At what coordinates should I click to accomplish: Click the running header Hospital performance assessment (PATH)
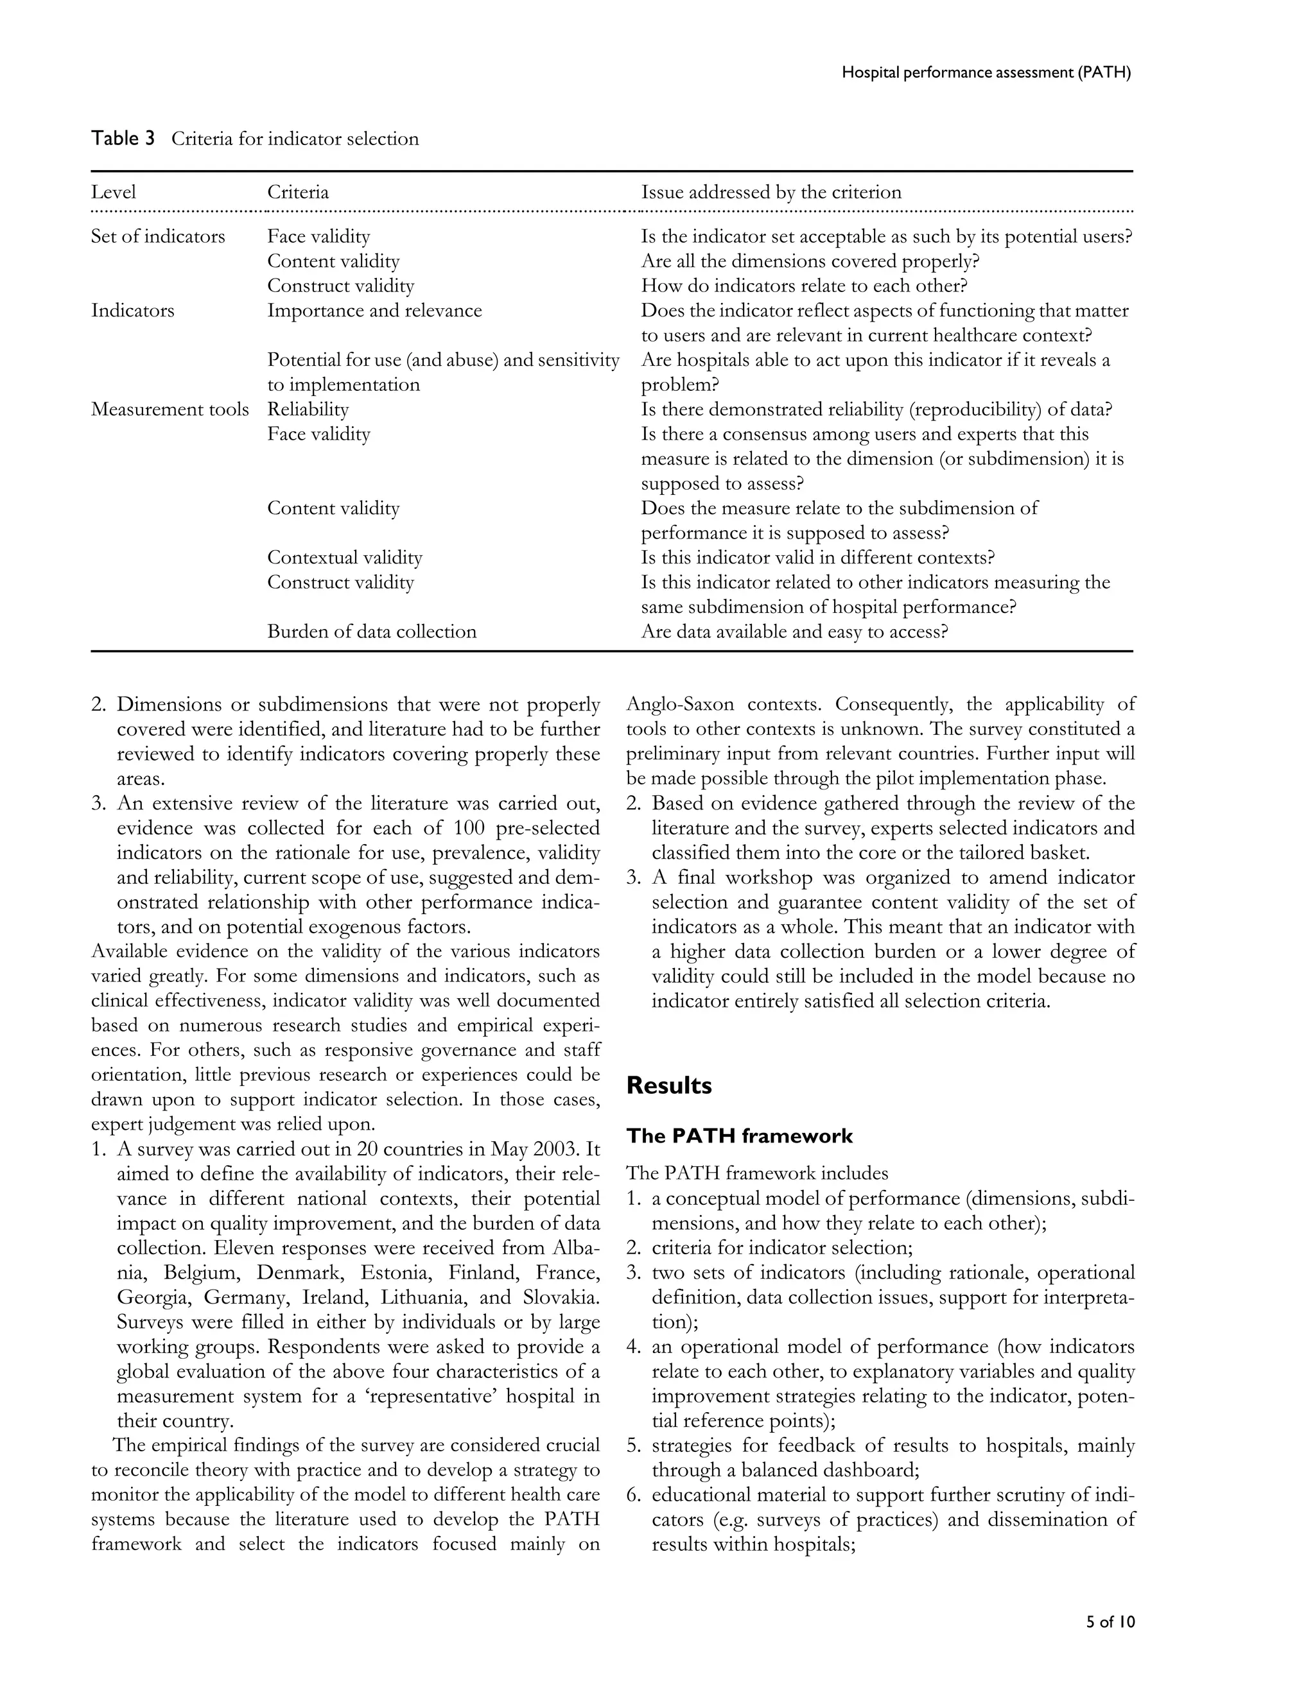[986, 73]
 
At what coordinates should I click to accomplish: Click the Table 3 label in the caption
[123, 139]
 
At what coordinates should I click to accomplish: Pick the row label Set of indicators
[157, 236]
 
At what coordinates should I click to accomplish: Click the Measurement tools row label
[170, 410]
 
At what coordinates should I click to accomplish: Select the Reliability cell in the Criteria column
[308, 410]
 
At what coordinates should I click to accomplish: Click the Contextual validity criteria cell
[344, 558]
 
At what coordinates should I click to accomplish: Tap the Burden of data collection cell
[371, 632]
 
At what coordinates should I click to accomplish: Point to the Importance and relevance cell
[374, 311]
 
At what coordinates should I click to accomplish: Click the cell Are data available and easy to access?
[794, 632]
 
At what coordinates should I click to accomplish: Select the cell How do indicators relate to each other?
[803, 286]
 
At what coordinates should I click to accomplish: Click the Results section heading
[668, 1085]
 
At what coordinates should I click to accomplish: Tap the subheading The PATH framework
[739, 1136]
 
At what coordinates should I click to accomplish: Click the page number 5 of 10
[1110, 1622]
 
